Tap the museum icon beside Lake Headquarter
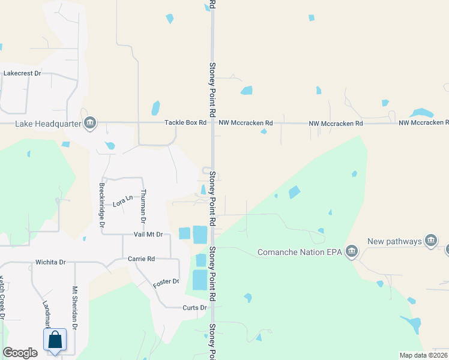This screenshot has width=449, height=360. [90, 123]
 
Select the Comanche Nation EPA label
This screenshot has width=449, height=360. [300, 252]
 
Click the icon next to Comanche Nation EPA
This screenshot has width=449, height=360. [352, 251]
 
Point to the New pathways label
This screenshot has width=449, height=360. [394, 241]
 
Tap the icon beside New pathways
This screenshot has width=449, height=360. [430, 241]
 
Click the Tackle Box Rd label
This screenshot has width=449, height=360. [186, 123]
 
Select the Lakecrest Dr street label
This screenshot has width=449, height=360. [22, 73]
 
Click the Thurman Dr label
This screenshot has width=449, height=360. [143, 204]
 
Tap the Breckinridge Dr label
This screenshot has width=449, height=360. [102, 204]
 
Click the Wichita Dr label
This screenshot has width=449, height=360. [50, 262]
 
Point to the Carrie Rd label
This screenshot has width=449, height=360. [142, 259]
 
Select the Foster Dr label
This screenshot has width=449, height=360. [166, 281]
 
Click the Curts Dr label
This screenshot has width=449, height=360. [194, 308]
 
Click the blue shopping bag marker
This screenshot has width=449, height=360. [55, 340]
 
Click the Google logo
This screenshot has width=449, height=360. [20, 353]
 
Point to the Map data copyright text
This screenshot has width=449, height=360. [423, 355]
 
